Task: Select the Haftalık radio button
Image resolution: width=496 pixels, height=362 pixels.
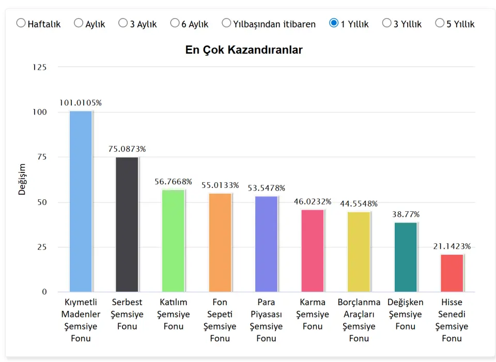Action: click(21, 23)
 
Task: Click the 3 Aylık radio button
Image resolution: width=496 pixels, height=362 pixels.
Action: click(123, 23)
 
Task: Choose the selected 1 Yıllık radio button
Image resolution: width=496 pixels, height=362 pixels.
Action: click(334, 23)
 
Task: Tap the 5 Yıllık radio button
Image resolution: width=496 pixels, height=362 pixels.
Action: click(440, 23)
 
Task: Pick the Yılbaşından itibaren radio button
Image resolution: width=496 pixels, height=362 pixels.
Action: click(226, 23)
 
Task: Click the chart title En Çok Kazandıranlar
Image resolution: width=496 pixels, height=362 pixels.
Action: click(244, 50)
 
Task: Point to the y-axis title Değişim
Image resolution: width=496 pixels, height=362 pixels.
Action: click(22, 180)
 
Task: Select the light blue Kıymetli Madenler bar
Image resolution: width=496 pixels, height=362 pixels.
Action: click(81, 201)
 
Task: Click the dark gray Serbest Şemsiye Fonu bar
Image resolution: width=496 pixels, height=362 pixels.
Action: click(127, 225)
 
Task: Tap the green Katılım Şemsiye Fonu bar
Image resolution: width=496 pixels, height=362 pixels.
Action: click(174, 241)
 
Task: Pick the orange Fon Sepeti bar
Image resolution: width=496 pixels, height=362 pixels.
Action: click(220, 243)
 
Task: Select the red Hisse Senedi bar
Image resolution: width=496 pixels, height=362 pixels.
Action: click(452, 273)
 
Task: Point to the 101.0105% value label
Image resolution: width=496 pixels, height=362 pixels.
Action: click(81, 103)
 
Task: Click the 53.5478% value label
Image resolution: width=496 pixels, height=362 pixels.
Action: click(266, 188)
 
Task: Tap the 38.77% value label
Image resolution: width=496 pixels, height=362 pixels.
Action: click(406, 214)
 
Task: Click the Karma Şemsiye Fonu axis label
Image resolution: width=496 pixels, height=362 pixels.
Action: click(313, 314)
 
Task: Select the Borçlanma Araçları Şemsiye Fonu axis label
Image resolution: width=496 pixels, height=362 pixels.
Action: click(359, 320)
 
